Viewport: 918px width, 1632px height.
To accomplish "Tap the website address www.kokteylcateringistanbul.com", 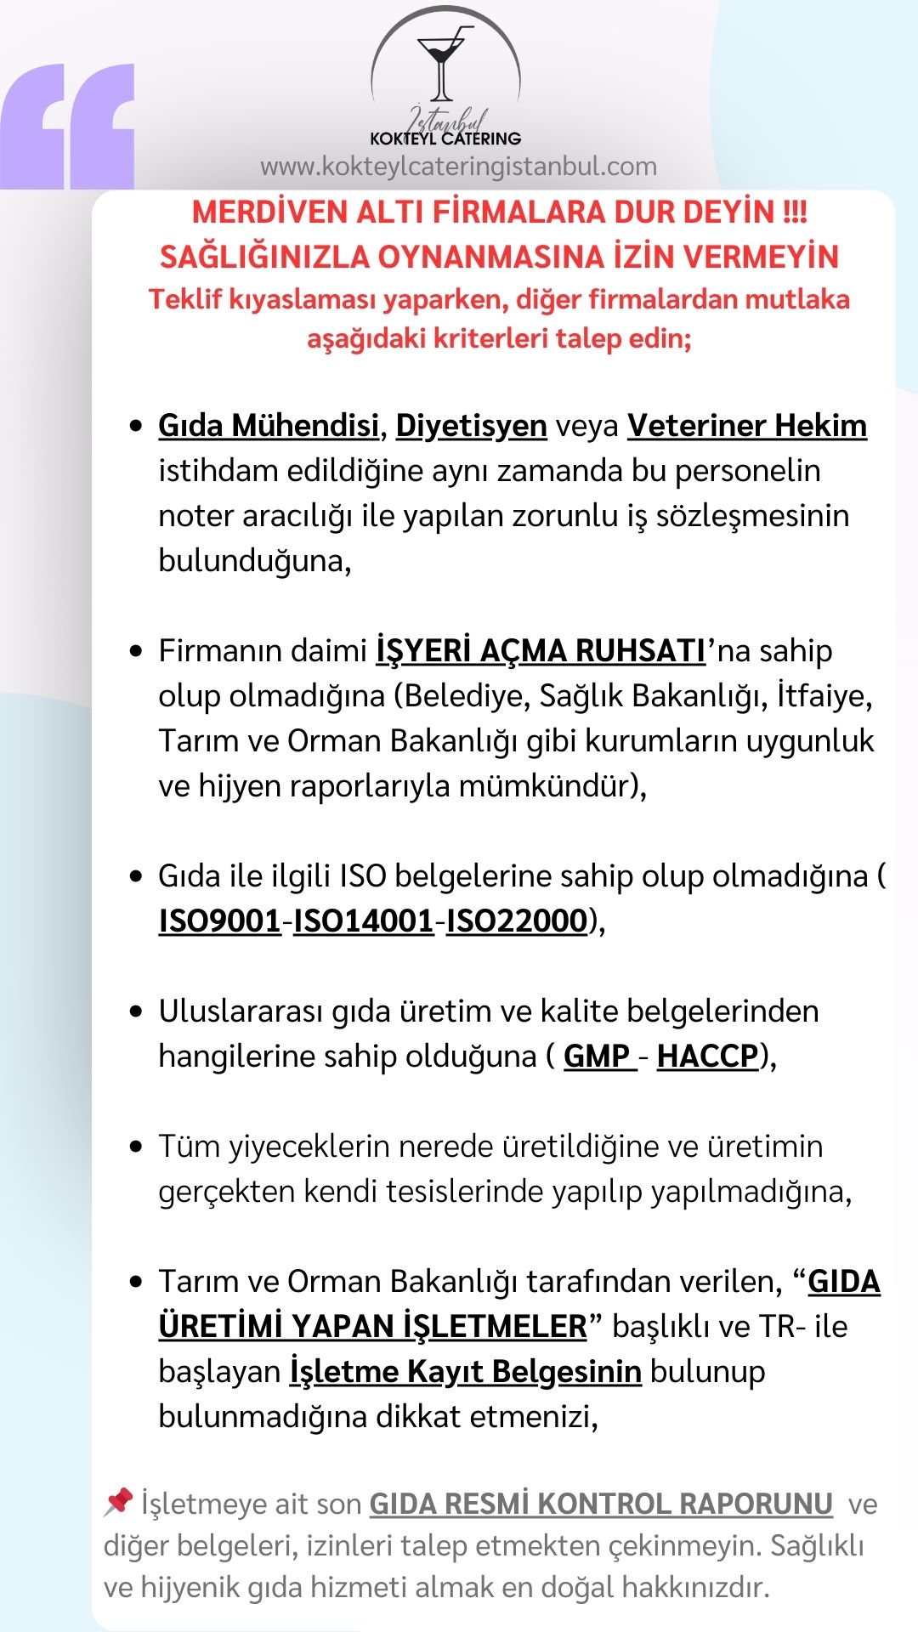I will tap(458, 166).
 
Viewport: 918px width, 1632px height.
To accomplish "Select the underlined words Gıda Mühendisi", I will tap(268, 425).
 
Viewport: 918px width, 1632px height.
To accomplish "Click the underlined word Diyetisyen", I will tap(471, 425).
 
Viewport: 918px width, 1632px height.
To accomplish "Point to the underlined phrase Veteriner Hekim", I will tap(747, 425).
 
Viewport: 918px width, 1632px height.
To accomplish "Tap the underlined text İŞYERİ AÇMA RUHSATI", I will tap(541, 650).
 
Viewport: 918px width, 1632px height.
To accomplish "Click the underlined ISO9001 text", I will tap(219, 921).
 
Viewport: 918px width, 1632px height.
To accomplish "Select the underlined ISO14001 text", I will tap(364, 921).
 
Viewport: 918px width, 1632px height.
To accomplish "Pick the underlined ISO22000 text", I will tap(517, 921).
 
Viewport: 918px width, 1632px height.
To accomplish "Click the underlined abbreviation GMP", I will tap(598, 1056).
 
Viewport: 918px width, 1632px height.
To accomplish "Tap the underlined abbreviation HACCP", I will tap(707, 1056).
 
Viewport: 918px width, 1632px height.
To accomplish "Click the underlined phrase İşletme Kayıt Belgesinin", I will tap(465, 1371).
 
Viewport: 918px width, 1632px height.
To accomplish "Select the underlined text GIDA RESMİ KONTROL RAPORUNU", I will tap(601, 1504).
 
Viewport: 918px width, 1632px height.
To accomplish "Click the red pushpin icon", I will tap(118, 1502).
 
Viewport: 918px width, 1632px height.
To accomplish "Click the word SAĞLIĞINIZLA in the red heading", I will tap(263, 256).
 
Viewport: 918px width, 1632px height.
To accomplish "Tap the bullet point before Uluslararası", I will tap(136, 1011).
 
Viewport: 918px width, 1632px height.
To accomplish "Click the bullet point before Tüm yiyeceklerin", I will tap(136, 1147).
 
